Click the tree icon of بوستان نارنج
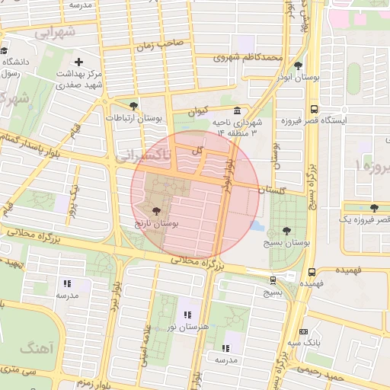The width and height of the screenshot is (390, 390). tap(156, 211)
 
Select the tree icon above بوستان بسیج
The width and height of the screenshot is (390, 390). tap(286, 230)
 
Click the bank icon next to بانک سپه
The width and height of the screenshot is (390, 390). tap(305, 332)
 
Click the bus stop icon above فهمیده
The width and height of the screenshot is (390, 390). tap(312, 272)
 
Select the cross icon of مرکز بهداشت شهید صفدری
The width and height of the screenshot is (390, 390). tap(79, 61)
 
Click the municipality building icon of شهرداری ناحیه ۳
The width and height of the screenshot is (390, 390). tap(238, 110)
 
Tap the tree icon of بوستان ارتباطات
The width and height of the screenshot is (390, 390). tap(134, 105)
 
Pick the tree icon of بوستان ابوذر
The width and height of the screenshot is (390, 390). tap(298, 66)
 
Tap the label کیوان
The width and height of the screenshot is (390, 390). tap(197, 111)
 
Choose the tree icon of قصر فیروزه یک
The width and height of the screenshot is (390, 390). tap(373, 207)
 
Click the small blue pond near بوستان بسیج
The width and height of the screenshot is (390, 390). tap(257, 225)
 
